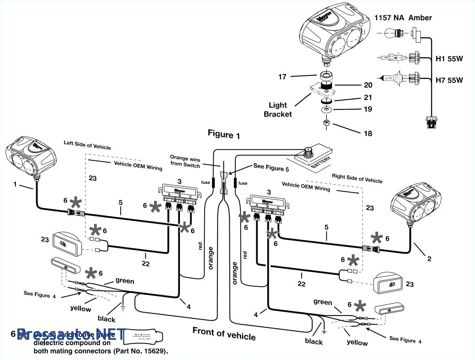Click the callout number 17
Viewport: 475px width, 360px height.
282,76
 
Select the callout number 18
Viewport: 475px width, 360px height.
368,133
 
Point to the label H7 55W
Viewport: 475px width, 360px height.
449,80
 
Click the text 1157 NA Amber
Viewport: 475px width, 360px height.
403,17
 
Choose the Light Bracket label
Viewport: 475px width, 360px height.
278,110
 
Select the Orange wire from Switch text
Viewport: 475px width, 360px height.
185,161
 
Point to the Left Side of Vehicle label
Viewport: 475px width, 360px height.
87,145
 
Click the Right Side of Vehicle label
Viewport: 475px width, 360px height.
357,178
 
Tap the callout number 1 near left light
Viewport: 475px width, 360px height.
15,184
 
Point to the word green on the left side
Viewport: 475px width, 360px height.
124,281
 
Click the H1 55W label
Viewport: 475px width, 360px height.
449,58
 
